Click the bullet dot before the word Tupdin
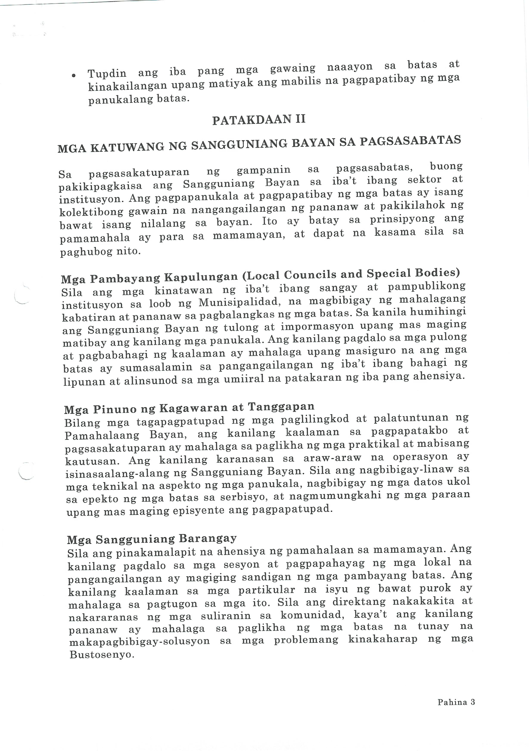point(74,76)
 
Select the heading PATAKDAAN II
point(259,119)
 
